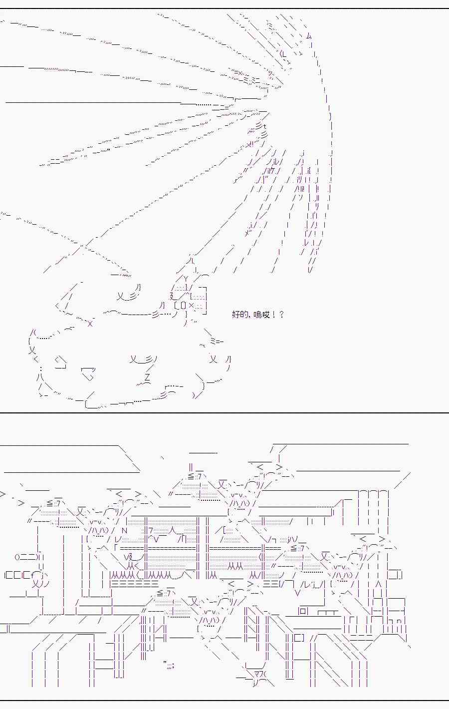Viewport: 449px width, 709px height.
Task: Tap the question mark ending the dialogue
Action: point(281,315)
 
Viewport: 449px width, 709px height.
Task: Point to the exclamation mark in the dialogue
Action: point(273,315)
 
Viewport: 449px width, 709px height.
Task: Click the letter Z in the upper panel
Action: point(147,377)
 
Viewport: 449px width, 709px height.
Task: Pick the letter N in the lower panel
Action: point(124,531)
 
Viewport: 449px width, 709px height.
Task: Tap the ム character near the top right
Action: point(309,36)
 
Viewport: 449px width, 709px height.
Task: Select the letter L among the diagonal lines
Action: point(284,53)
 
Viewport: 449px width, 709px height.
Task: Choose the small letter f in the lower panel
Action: point(33,574)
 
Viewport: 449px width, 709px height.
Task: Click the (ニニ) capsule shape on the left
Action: point(26,557)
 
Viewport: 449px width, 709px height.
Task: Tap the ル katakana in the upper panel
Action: point(276,162)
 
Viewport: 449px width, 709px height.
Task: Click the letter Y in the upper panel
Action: point(186,279)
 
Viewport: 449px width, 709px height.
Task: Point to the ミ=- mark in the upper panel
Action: point(217,341)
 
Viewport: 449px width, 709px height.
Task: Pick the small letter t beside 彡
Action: point(264,127)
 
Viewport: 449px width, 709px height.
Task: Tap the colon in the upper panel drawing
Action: point(41,369)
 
